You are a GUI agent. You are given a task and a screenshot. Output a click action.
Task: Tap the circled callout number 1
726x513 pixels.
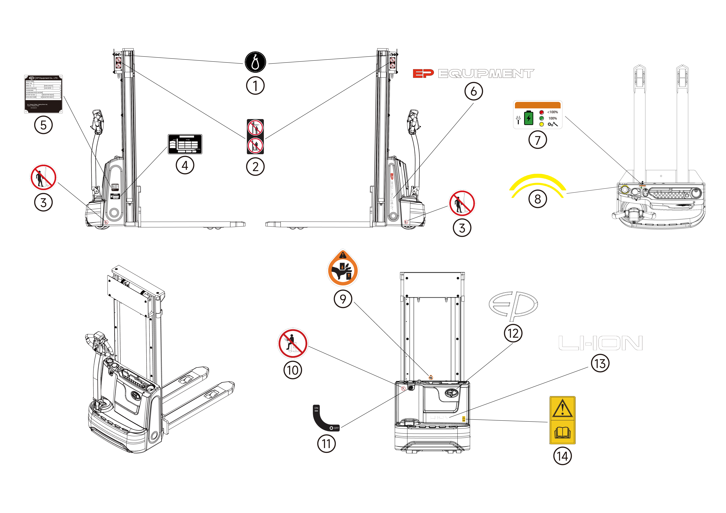pyautogui.click(x=255, y=85)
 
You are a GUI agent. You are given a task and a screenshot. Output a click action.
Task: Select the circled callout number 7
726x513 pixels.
pyautogui.click(x=538, y=140)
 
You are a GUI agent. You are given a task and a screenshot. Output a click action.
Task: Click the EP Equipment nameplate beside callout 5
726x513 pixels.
pyautogui.click(x=43, y=94)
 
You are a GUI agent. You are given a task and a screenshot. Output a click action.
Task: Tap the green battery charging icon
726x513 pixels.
pyautogui.click(x=528, y=118)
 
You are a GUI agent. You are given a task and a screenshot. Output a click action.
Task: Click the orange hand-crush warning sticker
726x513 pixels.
pyautogui.click(x=343, y=269)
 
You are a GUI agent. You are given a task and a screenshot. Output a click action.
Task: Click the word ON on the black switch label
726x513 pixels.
pyautogui.click(x=316, y=408)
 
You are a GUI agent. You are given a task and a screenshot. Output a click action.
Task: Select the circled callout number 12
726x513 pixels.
pyautogui.click(x=513, y=333)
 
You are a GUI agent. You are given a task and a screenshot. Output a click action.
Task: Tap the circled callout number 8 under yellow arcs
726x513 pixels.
pyautogui.click(x=538, y=199)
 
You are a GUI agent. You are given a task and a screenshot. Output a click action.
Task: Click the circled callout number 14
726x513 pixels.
pyautogui.click(x=562, y=456)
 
